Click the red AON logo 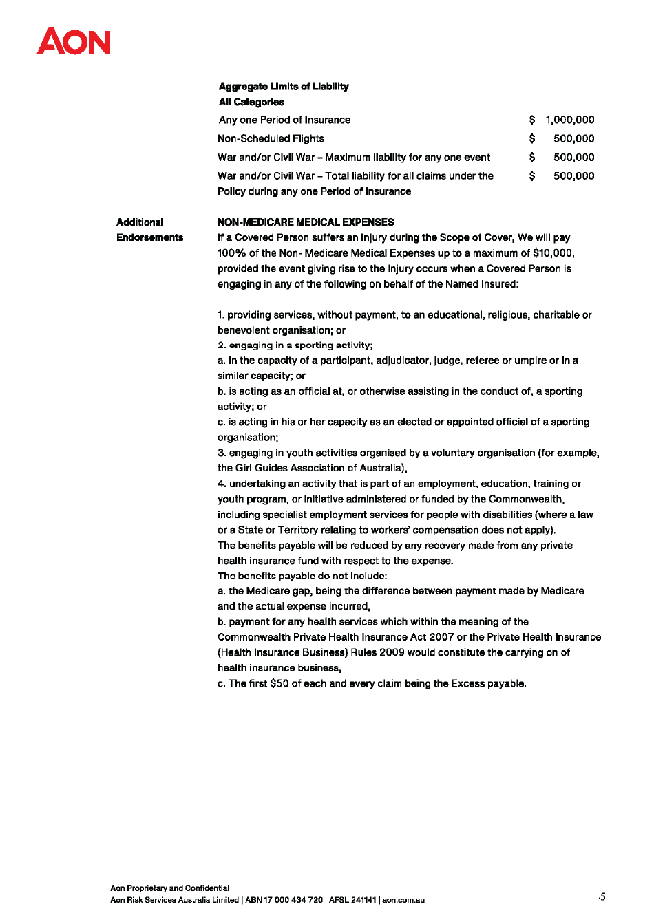(74, 41)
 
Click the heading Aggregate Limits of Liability (284, 87)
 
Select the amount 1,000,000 (569, 120)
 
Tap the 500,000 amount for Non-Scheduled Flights (573, 138)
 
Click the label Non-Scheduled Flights (271, 138)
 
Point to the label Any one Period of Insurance (284, 120)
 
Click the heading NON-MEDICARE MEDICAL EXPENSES (306, 222)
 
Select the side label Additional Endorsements (149, 230)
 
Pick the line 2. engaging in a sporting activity (295, 345)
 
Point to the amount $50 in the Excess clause (279, 684)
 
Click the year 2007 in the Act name (441, 637)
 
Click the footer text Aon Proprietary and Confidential (169, 888)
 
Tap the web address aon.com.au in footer (403, 900)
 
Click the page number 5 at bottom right (602, 896)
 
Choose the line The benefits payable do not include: (302, 576)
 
